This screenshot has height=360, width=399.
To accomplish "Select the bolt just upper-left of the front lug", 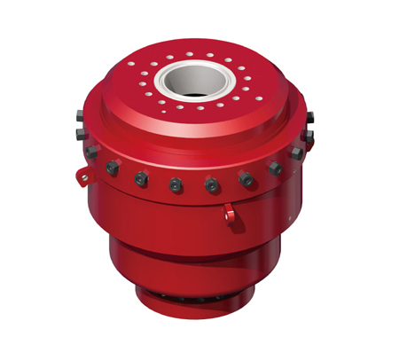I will tap(212, 185).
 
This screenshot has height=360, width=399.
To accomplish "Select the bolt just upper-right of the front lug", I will tap(246, 180).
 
